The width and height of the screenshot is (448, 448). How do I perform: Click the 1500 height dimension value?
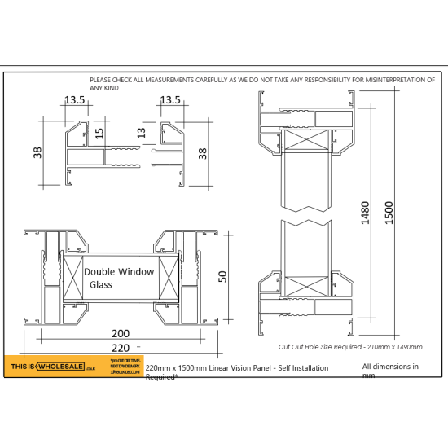coord(390,213)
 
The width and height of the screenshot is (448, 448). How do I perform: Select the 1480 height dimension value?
coord(367,213)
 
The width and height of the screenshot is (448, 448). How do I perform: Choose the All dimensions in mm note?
coord(390,371)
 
